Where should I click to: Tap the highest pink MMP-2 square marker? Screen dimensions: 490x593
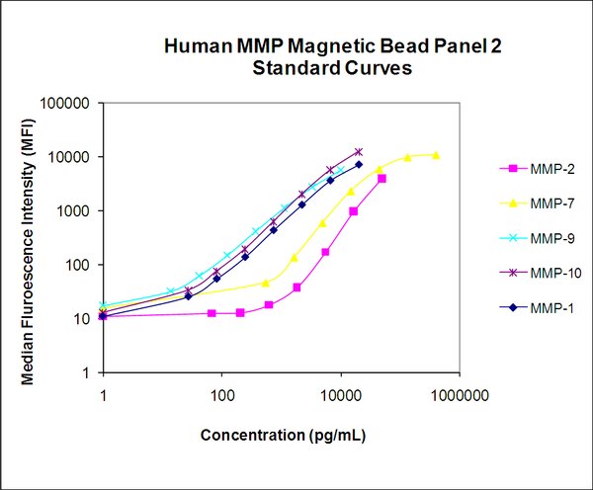click(x=381, y=179)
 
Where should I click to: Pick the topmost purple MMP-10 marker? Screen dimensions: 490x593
click(x=359, y=152)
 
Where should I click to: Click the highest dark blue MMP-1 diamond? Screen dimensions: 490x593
click(x=359, y=165)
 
